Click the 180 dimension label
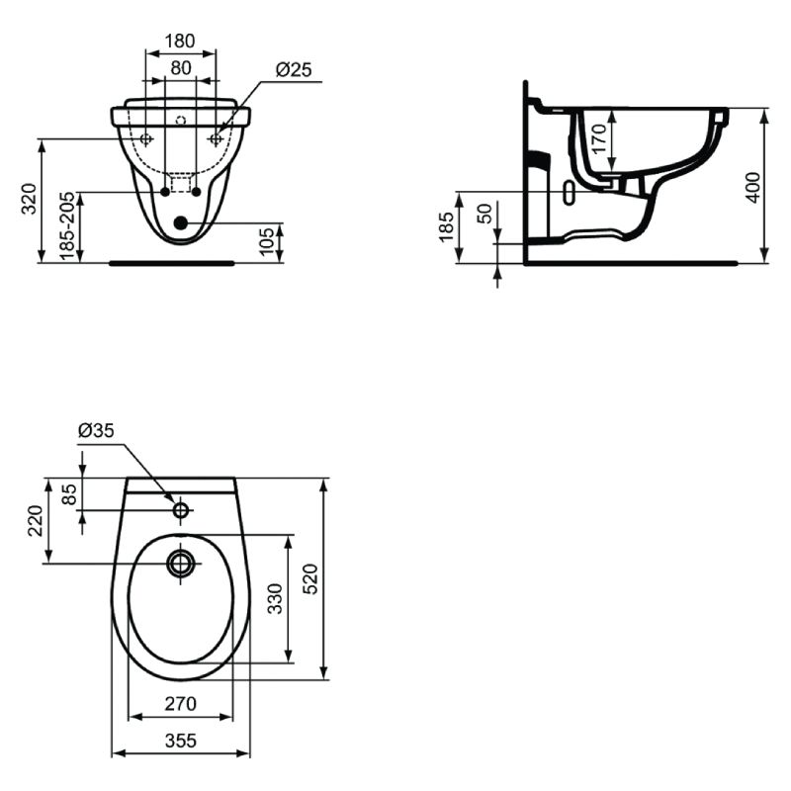pyautogui.click(x=180, y=41)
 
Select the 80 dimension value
pyautogui.click(x=181, y=67)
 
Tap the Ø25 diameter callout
pyautogui.click(x=294, y=69)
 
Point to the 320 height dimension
pyautogui.click(x=29, y=199)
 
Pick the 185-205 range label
pyautogui.click(x=67, y=226)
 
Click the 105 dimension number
pyautogui.click(x=266, y=241)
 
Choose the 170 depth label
pyautogui.click(x=599, y=138)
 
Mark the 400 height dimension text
pyautogui.click(x=752, y=188)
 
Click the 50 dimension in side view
pyautogui.click(x=484, y=214)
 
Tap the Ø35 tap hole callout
pyautogui.click(x=96, y=430)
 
